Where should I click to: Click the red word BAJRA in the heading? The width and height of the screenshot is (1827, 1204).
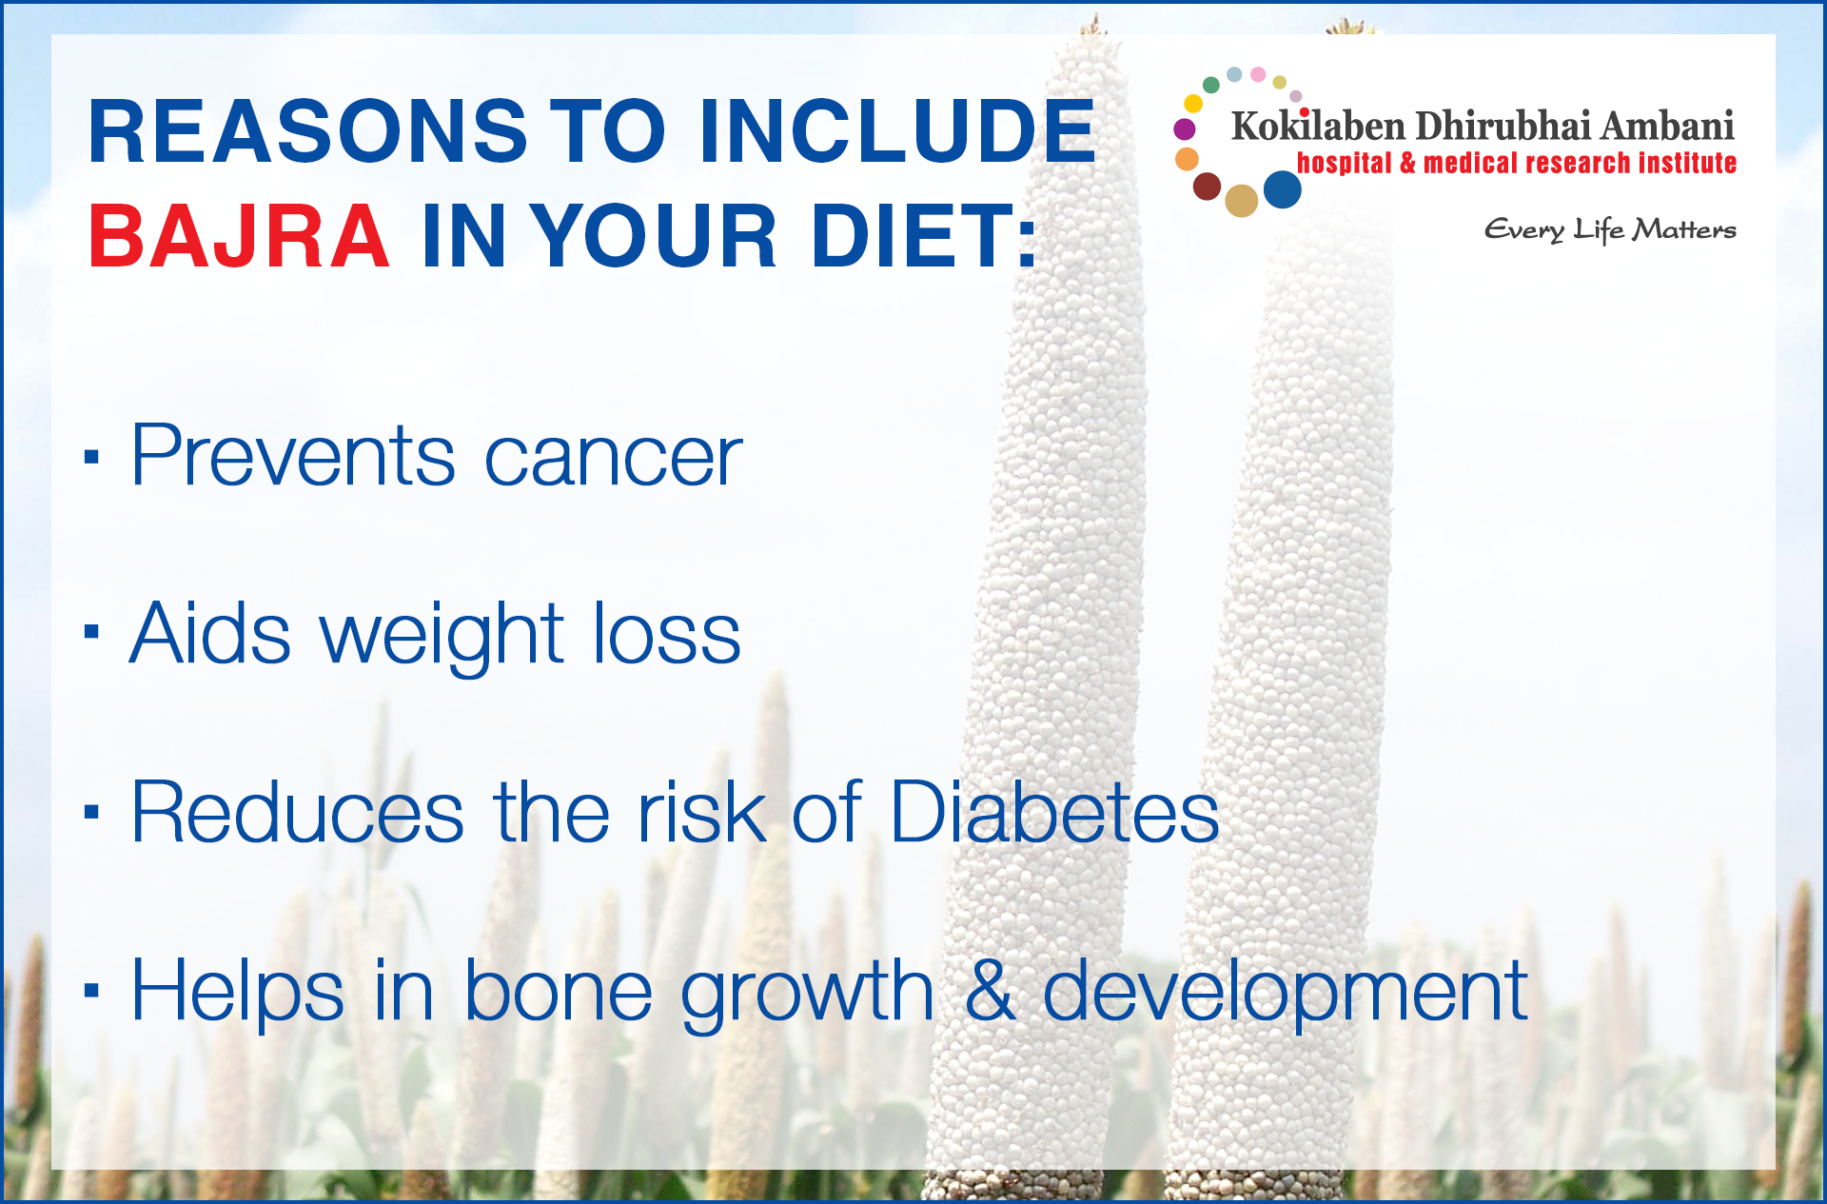coord(238,236)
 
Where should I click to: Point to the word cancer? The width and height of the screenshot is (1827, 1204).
coord(614,458)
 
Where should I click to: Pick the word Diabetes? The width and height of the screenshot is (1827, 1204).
coord(1054,811)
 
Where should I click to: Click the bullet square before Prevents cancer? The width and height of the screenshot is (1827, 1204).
coord(91,457)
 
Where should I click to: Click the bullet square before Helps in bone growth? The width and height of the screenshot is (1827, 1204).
coord(91,991)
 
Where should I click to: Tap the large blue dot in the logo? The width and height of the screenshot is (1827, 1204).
coord(1283,189)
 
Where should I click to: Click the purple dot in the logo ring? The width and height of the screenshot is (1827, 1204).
coord(1185,128)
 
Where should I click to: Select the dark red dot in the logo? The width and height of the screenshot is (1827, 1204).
coord(1208,187)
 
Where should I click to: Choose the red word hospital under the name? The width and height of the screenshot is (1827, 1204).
coord(1345,164)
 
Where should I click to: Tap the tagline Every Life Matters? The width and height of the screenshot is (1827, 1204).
coord(1610,230)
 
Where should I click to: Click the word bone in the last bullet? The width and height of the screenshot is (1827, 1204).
coord(558,992)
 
